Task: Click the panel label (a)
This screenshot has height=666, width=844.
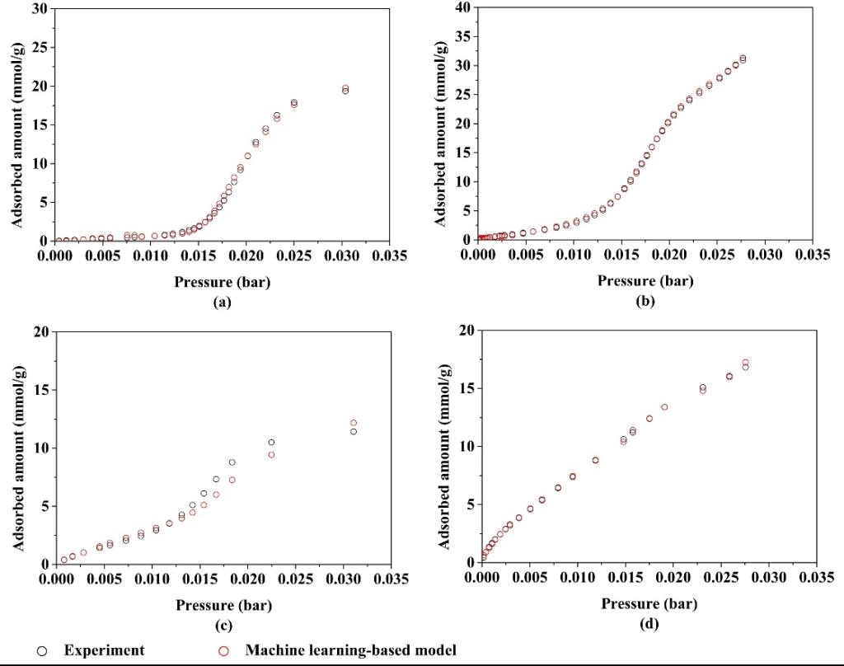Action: pyautogui.click(x=222, y=303)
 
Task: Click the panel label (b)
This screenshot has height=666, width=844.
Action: pyautogui.click(x=645, y=302)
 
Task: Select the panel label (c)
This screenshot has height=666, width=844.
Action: pyautogui.click(x=223, y=626)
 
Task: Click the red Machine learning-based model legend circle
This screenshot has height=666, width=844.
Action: pyautogui.click(x=223, y=651)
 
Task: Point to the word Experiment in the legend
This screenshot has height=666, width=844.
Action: pyautogui.click(x=105, y=650)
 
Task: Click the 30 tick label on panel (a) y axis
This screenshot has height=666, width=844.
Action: pyautogui.click(x=39, y=9)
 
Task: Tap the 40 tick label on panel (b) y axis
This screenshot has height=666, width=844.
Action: pyautogui.click(x=462, y=7)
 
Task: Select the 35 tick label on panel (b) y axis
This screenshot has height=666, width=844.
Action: pyautogui.click(x=462, y=36)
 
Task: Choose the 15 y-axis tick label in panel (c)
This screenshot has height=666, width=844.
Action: pyautogui.click(x=39, y=389)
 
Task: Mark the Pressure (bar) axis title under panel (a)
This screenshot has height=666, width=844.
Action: pyautogui.click(x=222, y=282)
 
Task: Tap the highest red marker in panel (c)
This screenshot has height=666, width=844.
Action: pyautogui.click(x=354, y=423)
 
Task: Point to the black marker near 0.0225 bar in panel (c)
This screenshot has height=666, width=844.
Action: pyautogui.click(x=271, y=443)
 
